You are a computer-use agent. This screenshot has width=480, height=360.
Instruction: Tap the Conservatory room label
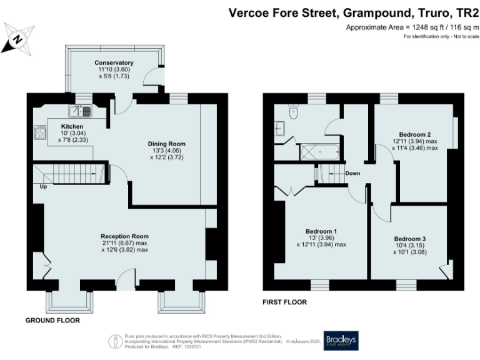[x=114, y=63]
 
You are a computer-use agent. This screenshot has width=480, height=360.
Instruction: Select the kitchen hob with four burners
[x=41, y=132]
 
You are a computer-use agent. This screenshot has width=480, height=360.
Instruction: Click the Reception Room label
[x=124, y=236]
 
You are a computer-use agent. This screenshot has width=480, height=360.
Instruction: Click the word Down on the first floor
[x=352, y=173]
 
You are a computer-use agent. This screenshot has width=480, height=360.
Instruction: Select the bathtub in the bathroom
[x=319, y=152]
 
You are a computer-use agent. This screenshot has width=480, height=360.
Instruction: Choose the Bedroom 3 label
[x=409, y=239]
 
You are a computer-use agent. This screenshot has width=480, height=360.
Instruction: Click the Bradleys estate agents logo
[x=341, y=341]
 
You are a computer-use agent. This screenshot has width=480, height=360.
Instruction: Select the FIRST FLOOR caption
[x=285, y=302]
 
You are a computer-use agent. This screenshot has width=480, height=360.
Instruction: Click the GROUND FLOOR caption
[x=52, y=319]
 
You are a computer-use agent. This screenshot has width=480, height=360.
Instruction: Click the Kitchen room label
[x=72, y=126]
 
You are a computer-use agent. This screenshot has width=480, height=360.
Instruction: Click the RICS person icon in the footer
[x=115, y=341]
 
